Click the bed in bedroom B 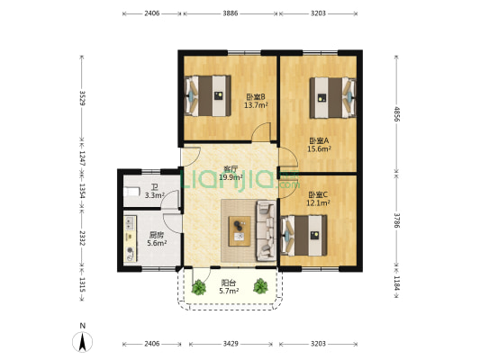[208, 95]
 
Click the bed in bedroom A [332, 98]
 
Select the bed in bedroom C [303, 236]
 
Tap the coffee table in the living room [240, 231]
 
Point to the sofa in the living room [266, 230]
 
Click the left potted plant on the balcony [199, 287]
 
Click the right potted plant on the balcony [260, 286]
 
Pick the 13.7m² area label [256, 105]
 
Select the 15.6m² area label [319, 149]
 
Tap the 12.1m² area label [318, 203]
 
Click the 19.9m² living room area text [231, 177]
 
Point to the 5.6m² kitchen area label [157, 244]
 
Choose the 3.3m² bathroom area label [155, 195]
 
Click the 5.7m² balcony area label [229, 292]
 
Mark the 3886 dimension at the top [231, 13]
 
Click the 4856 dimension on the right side [397, 113]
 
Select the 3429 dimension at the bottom [231, 344]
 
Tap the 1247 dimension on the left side [82, 158]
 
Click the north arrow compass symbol [82, 342]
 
